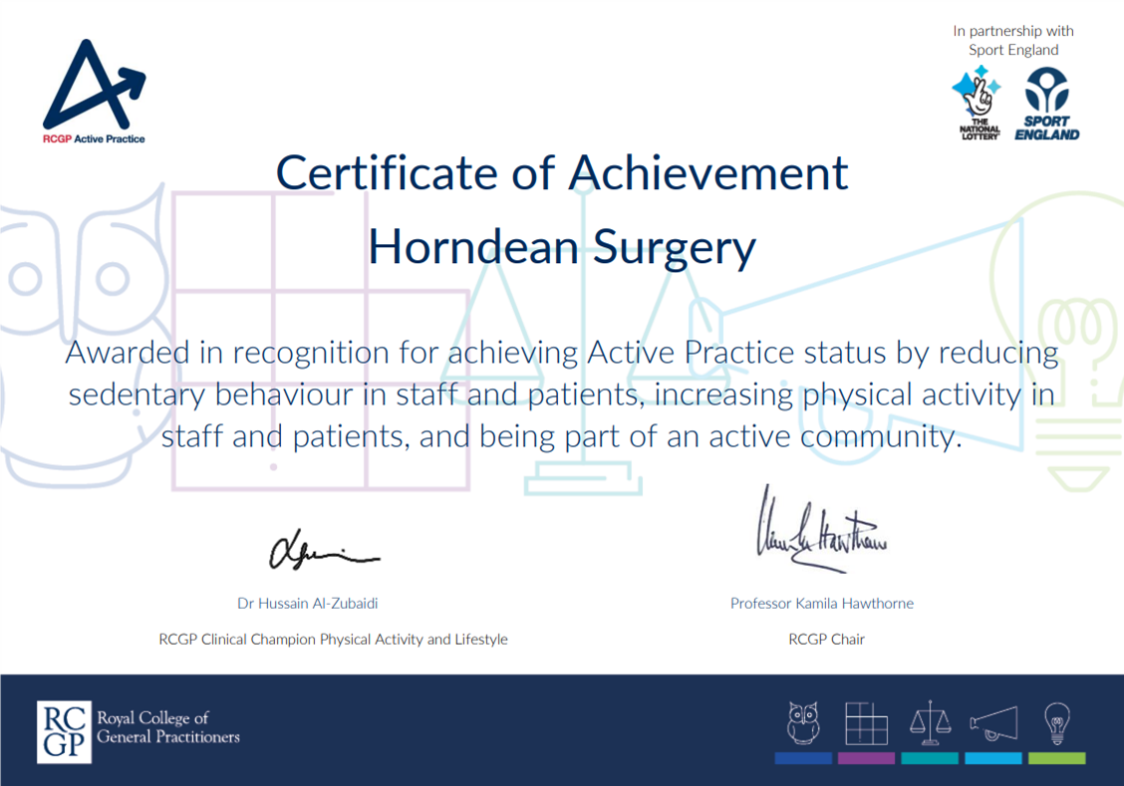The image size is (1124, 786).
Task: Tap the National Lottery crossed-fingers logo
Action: pos(979,103)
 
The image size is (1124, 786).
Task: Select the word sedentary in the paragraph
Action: pos(152,394)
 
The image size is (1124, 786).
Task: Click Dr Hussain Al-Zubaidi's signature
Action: pos(324,550)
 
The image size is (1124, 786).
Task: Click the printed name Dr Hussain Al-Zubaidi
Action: pos(308,603)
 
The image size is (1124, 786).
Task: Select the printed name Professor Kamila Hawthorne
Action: pos(821,603)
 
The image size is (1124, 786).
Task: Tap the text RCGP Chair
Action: pos(826,639)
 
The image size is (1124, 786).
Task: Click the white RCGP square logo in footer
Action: pos(64,731)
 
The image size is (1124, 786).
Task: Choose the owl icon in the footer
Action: pos(802,723)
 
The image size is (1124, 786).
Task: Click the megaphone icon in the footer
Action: pos(992,723)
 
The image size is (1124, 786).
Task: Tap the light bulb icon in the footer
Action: pos(1055,722)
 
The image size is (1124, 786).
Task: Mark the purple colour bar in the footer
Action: pos(866,759)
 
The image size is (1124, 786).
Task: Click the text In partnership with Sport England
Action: pos(1013,41)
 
